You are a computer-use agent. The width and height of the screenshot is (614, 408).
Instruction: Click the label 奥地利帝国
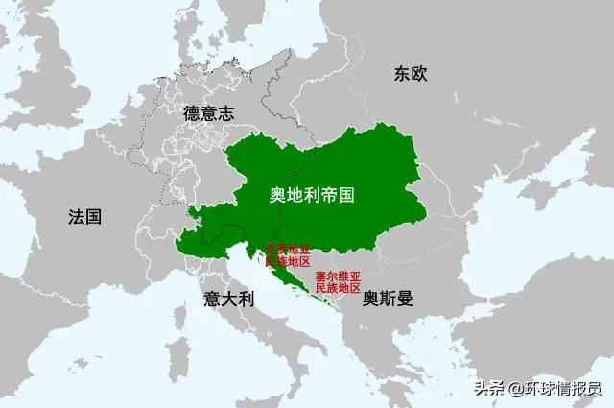coord(312,195)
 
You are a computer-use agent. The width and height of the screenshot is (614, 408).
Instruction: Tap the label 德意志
coord(208,113)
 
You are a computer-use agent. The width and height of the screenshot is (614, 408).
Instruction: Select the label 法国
coord(84,216)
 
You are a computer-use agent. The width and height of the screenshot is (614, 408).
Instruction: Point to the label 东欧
coord(409,74)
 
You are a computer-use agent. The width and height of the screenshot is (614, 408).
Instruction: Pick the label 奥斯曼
coord(387,299)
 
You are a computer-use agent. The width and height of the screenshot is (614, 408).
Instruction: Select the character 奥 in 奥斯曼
coord(370,299)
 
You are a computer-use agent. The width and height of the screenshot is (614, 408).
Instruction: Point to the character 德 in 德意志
coord(192,113)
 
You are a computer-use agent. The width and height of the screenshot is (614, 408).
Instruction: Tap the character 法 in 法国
coord(76,216)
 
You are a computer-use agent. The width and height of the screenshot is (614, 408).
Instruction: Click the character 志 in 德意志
coord(225,113)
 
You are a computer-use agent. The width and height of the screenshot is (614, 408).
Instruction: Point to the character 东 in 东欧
coord(400,74)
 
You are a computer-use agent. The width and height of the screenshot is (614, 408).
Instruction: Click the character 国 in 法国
coord(93,216)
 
